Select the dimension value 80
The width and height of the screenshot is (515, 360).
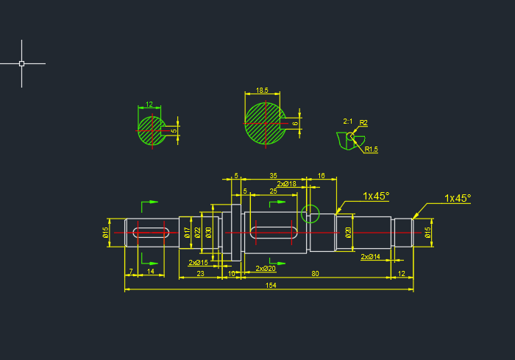pyautogui.click(x=315, y=274)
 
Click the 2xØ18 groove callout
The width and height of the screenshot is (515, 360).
pyautogui.click(x=287, y=184)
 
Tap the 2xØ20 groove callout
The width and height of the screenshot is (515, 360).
pyautogui.click(x=266, y=269)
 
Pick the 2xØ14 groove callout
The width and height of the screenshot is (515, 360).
pyautogui.click(x=370, y=257)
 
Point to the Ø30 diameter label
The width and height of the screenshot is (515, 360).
pyautogui.click(x=209, y=233)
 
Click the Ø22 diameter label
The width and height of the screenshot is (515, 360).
pyautogui.click(x=198, y=233)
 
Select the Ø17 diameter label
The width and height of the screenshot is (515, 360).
pyautogui.click(x=188, y=233)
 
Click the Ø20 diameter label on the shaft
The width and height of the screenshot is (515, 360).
pyautogui.click(x=348, y=233)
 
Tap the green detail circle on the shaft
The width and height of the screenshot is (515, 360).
pyautogui.click(x=310, y=214)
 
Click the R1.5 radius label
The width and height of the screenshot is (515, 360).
pyautogui.click(x=371, y=149)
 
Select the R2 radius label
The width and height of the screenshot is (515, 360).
pyautogui.click(x=363, y=122)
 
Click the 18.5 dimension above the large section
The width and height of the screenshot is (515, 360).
pyautogui.click(x=262, y=91)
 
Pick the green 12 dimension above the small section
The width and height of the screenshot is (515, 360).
pyautogui.click(x=149, y=105)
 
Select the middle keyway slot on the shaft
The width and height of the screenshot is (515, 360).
pyautogui.click(x=274, y=233)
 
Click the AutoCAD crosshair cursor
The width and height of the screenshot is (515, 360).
pyautogui.click(x=21, y=64)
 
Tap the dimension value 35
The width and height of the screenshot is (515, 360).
pyautogui.click(x=273, y=176)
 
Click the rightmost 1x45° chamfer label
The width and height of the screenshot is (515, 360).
pyautogui.click(x=457, y=198)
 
